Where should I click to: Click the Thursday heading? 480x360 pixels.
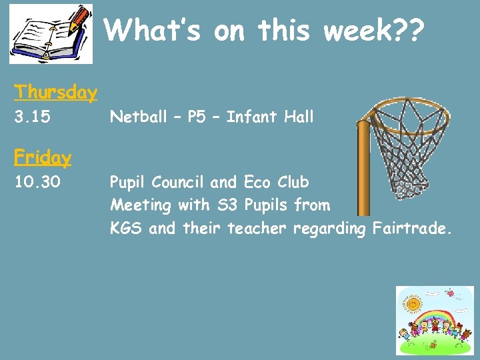(56, 92)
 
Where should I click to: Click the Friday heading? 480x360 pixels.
(43, 157)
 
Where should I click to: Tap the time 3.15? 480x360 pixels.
(32, 118)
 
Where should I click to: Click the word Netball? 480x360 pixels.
(139, 117)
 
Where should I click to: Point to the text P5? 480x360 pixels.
(197, 117)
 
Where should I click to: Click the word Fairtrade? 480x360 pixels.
(412, 229)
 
